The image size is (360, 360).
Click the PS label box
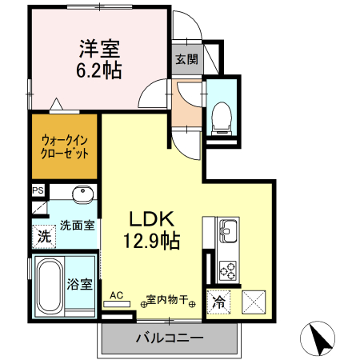(x=37, y=190)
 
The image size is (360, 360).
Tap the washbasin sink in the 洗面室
(x=81, y=196)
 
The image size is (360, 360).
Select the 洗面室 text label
(x=76, y=226)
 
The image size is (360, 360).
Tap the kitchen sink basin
(x=227, y=232)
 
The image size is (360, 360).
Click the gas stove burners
(x=227, y=268)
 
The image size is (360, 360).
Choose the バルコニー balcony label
(x=169, y=338)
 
